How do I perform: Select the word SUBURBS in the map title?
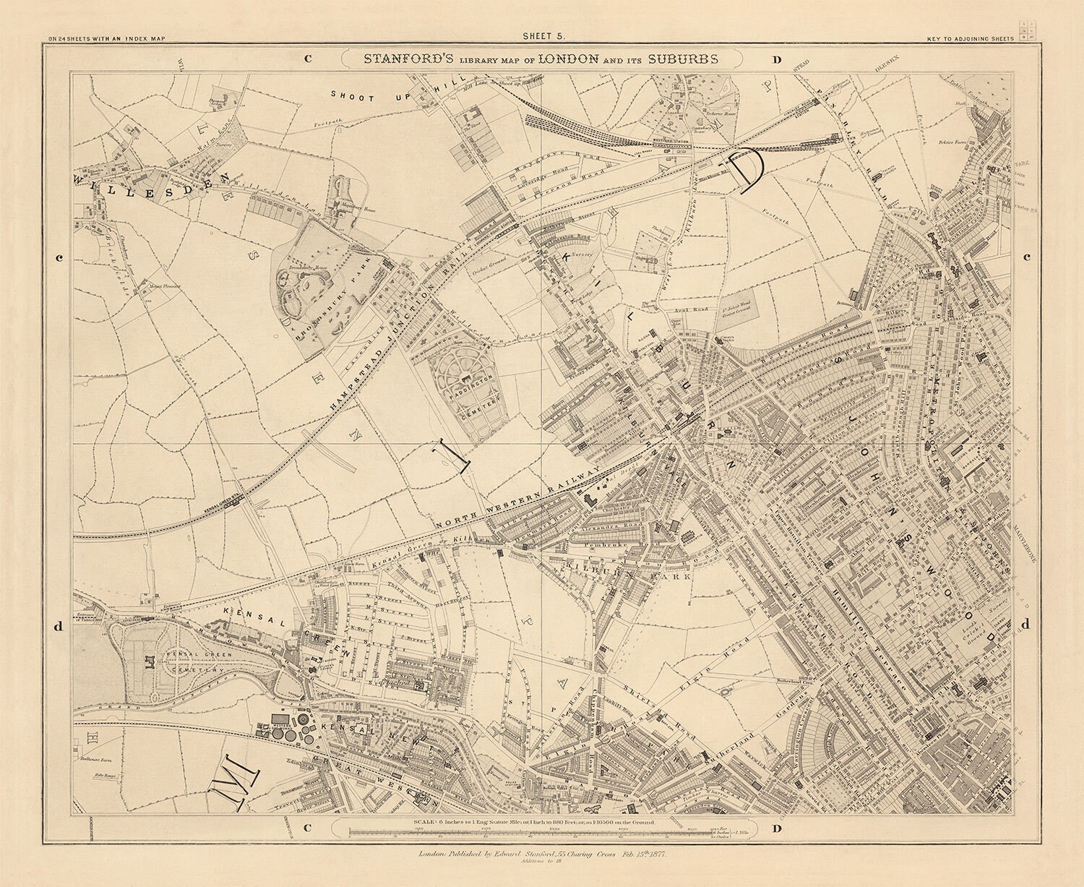coord(682,59)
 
